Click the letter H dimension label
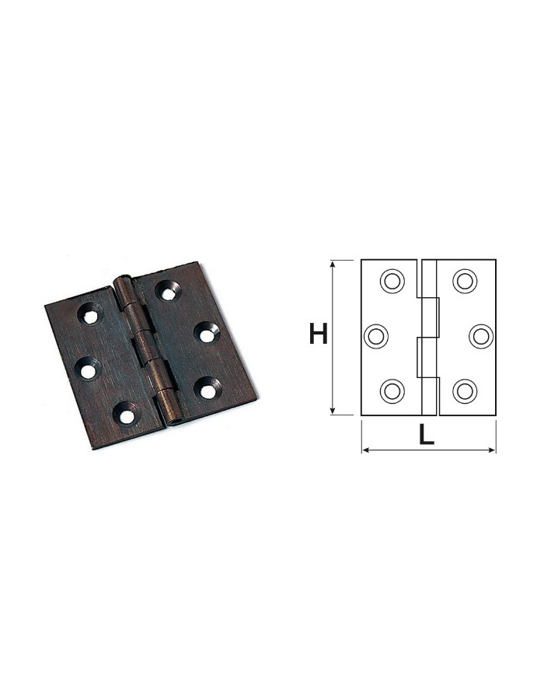tap(319, 334)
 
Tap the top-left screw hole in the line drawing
tap(392, 281)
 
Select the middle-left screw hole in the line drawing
tap(376, 336)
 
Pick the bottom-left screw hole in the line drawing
tap(392, 391)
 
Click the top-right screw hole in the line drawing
tap(465, 281)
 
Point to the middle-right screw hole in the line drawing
tap(481, 336)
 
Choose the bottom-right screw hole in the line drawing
tap(465, 391)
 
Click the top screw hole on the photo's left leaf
tap(90, 313)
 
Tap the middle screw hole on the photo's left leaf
tap(88, 370)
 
